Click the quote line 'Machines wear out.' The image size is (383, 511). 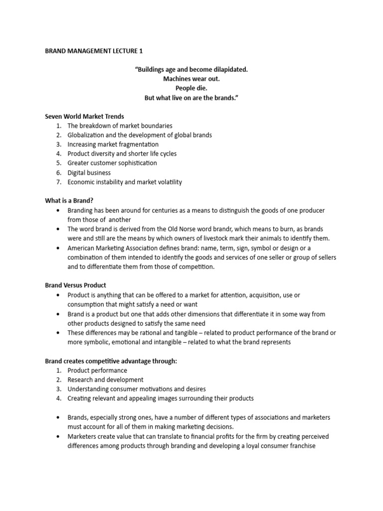(191, 79)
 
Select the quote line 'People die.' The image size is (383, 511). (191, 88)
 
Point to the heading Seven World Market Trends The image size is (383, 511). (84, 116)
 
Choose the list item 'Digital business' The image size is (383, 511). (89, 173)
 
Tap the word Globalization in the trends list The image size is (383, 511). (87, 135)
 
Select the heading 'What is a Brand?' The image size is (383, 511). (69, 201)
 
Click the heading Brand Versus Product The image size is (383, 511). (75, 285)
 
